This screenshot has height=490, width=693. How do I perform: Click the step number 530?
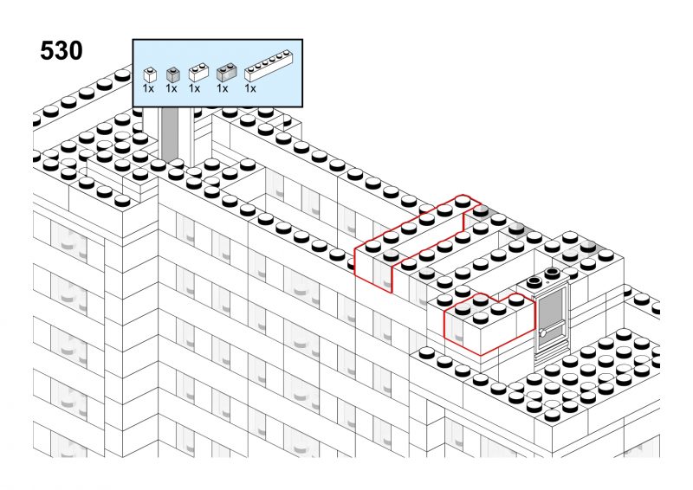[x=61, y=50]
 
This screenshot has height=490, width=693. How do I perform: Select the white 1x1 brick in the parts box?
[x=150, y=74]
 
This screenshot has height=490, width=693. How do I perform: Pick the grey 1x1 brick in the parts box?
[x=172, y=74]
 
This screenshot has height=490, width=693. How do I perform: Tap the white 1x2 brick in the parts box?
[x=198, y=73]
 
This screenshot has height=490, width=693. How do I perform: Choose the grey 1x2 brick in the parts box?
[x=226, y=73]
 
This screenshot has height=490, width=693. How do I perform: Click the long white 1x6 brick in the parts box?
[x=269, y=66]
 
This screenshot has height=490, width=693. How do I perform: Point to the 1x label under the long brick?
[x=250, y=89]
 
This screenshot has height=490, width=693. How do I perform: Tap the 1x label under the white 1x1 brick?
[x=148, y=89]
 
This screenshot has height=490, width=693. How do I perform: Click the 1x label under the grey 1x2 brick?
[x=223, y=89]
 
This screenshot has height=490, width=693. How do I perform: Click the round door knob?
[x=542, y=333]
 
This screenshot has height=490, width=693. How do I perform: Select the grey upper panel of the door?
[x=551, y=306]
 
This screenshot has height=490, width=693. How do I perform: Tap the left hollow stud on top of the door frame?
[x=534, y=282]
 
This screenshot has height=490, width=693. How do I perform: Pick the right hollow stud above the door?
[x=552, y=273]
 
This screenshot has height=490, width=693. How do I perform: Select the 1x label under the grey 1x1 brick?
[x=172, y=89]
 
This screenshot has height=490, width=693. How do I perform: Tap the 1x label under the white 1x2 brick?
[x=194, y=89]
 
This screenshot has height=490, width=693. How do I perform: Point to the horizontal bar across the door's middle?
[x=552, y=327]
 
